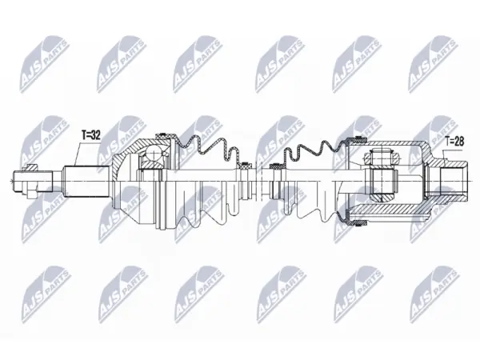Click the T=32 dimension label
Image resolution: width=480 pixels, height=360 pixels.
coord(91,135)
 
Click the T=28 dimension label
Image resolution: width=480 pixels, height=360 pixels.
coord(454,142)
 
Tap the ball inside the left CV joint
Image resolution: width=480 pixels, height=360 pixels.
coord(154,154)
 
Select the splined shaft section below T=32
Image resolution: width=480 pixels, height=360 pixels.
coord(86,181)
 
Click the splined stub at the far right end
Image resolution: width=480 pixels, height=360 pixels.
coord(454,181)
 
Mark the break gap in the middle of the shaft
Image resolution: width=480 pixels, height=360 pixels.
coord(258,182)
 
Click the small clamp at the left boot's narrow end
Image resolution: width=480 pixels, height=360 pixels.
coord(246,166)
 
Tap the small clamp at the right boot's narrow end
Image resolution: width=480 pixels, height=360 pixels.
coord(274,166)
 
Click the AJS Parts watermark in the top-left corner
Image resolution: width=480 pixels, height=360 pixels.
coord(45,64)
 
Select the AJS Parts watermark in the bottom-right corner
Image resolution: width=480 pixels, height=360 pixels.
coord(434,294)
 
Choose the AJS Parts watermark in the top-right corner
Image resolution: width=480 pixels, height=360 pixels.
coord(434,64)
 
